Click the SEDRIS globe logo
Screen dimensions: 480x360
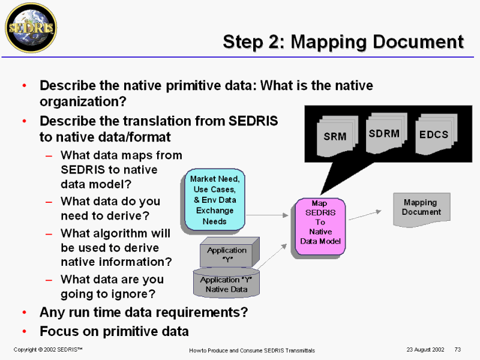pos(31,28)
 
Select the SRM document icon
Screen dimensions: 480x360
pos(337,136)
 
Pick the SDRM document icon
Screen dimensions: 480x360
pos(386,133)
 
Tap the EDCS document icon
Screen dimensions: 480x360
pos(436,134)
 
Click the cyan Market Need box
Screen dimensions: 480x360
pos(215,200)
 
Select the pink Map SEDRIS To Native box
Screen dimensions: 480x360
pos(320,227)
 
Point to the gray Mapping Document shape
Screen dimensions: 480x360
pos(422,209)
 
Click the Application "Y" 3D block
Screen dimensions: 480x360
pos(230,252)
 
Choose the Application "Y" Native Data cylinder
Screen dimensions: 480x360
pos(226,282)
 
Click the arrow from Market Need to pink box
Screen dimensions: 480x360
pos(267,215)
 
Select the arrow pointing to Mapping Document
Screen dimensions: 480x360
pos(365,215)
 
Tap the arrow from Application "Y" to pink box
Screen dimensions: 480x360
pos(272,257)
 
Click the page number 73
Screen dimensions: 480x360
pos(458,350)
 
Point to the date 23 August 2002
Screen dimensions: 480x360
pos(425,350)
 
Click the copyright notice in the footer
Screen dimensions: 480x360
pos(48,350)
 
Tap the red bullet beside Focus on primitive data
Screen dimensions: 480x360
pos(25,331)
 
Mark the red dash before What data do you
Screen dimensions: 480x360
pos(49,202)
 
